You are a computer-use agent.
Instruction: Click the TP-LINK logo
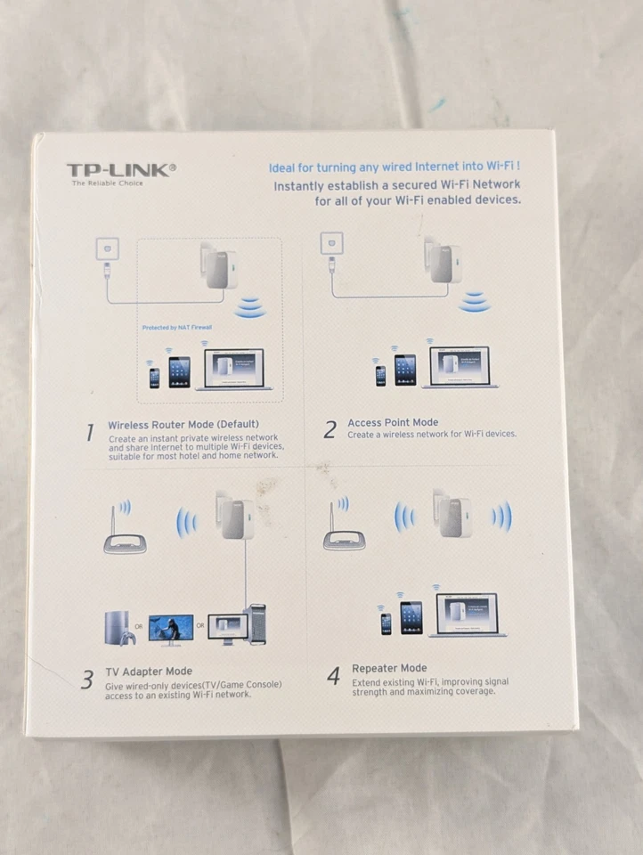tap(121, 169)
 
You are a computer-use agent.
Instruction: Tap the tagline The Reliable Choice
tap(107, 183)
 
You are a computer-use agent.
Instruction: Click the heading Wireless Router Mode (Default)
tap(183, 425)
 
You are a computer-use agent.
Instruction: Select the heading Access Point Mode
tap(393, 422)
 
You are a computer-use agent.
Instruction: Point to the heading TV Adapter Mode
tap(149, 671)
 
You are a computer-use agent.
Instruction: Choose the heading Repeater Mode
tap(389, 668)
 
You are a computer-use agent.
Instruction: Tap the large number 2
tap(330, 430)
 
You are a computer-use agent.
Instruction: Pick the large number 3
tap(87, 680)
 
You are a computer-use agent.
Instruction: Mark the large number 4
tap(333, 677)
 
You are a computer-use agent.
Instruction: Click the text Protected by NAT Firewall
tap(177, 328)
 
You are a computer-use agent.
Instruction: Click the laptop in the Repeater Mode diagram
tap(467, 615)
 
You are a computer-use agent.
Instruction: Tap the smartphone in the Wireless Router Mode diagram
tap(154, 378)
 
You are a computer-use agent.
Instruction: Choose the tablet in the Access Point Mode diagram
tap(405, 370)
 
